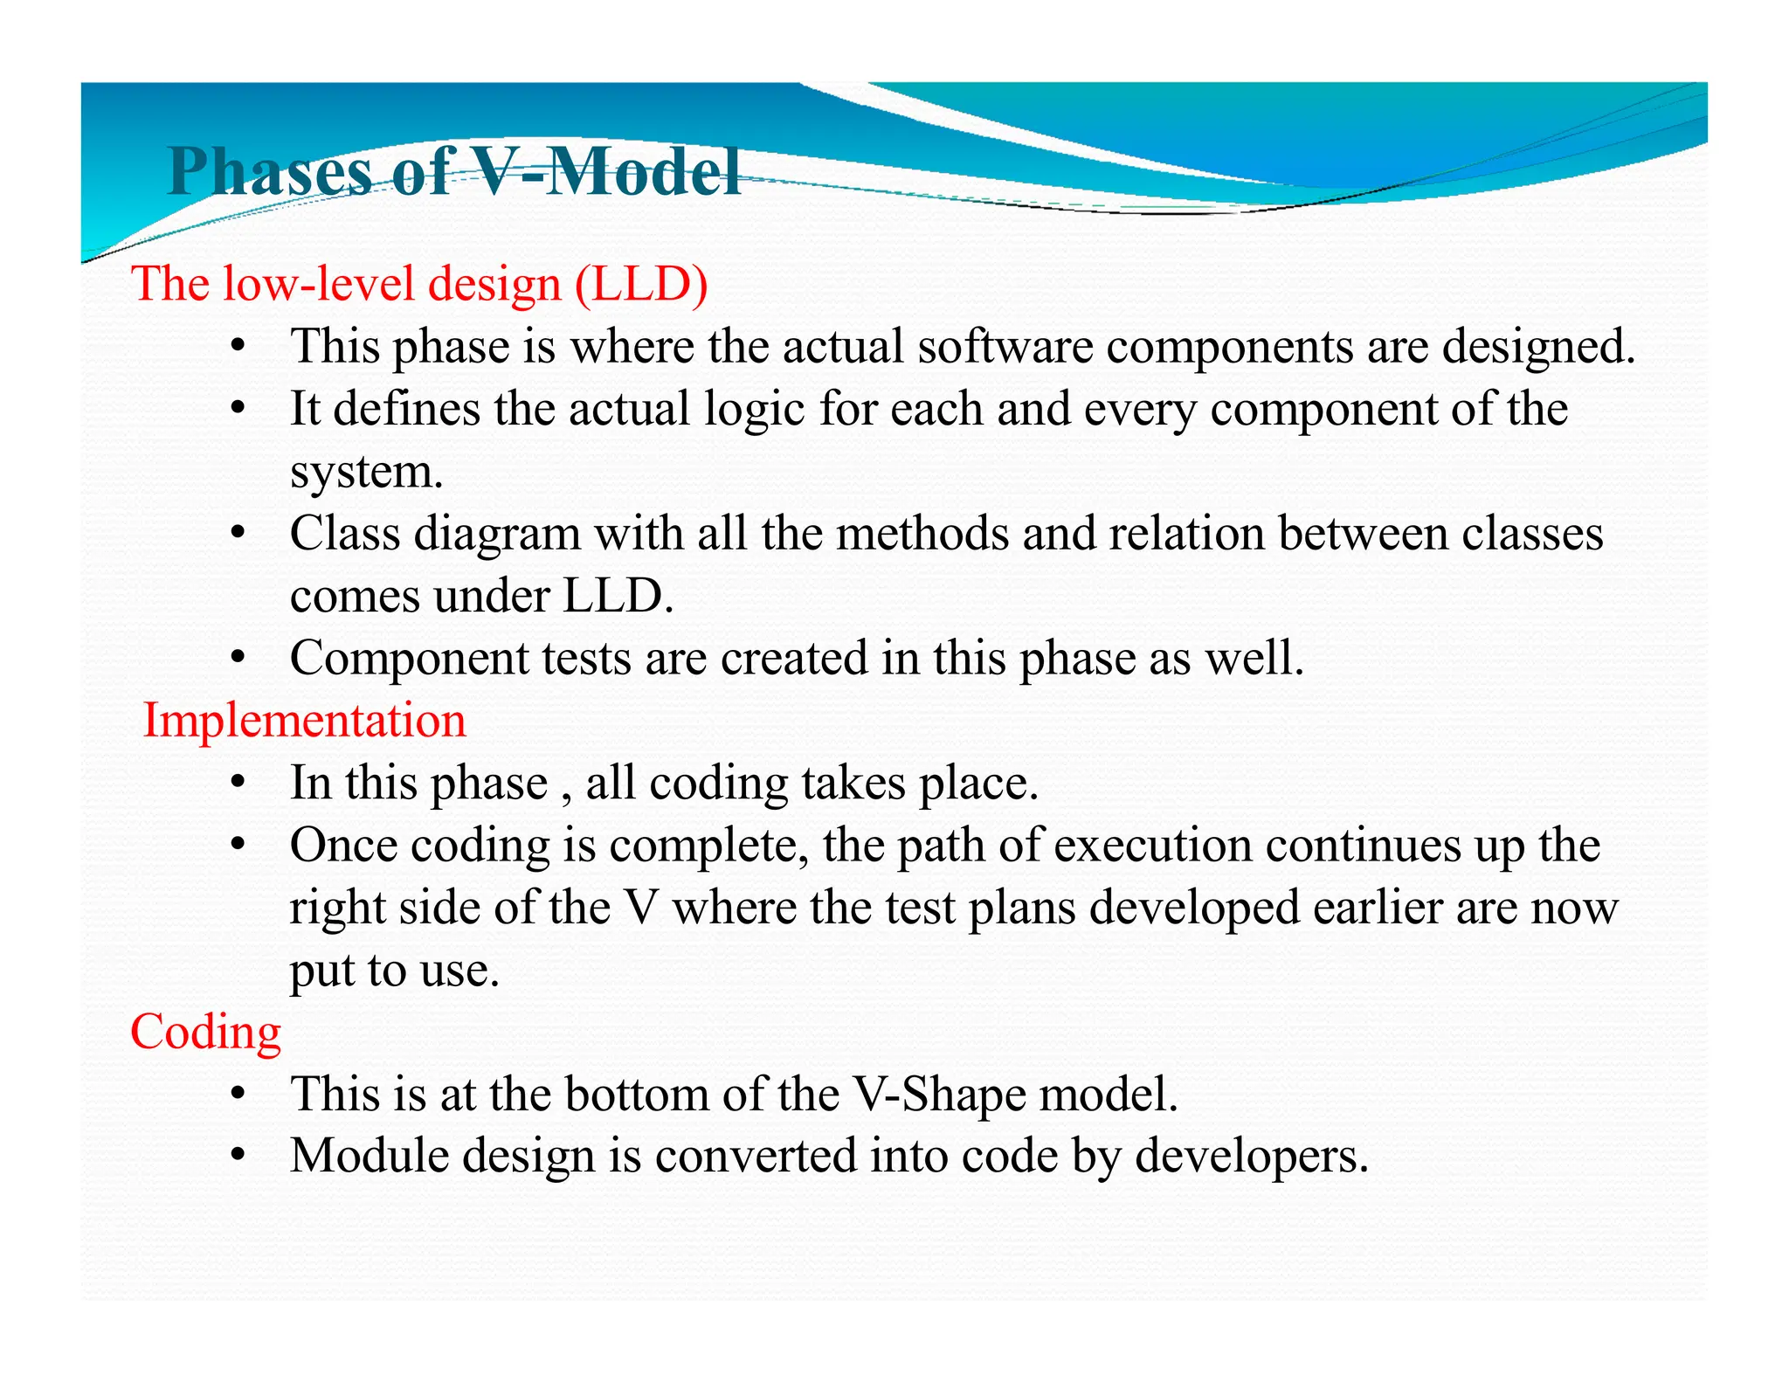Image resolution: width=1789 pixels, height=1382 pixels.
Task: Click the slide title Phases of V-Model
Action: [454, 170]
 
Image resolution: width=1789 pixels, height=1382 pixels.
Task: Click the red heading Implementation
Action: [304, 721]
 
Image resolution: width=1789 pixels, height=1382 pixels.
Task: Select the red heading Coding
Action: [205, 1032]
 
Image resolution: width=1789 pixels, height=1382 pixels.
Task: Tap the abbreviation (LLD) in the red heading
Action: [641, 284]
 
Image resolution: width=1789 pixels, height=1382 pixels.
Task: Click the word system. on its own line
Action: [367, 472]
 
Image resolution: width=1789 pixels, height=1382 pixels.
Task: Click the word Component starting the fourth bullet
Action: [409, 658]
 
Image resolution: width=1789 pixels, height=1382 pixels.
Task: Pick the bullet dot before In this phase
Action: [237, 783]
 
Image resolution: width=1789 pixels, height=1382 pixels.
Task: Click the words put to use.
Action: [394, 971]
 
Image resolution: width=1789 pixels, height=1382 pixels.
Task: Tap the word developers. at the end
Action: [1251, 1157]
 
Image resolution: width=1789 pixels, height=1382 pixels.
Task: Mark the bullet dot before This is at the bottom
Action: [237, 1095]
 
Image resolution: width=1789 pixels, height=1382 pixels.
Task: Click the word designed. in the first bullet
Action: [1537, 346]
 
